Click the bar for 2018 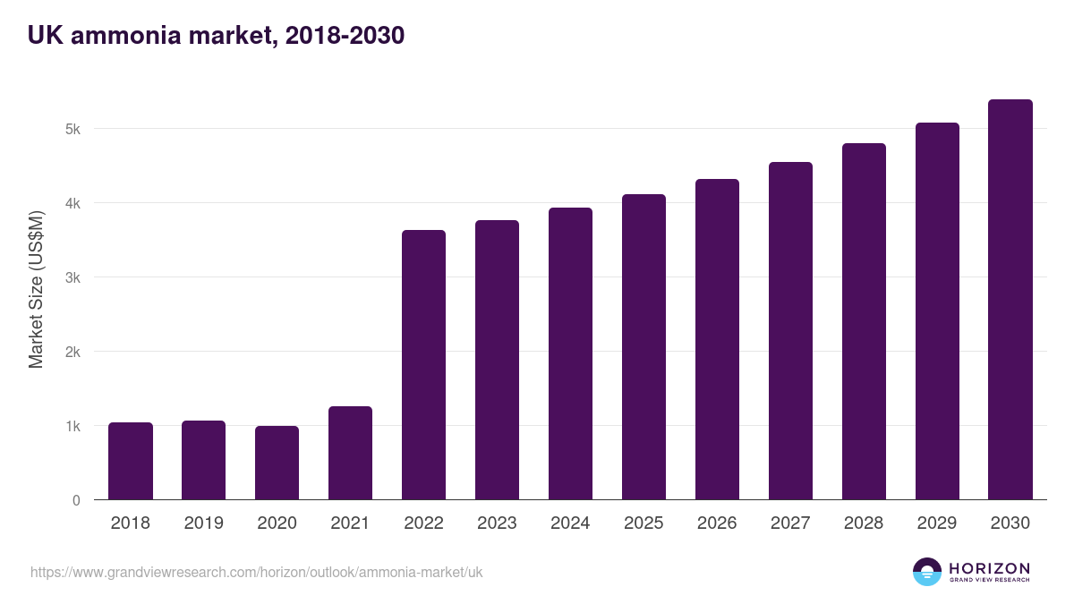pyautogui.click(x=131, y=461)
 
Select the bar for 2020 pyautogui.click(x=277, y=463)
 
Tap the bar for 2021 pyautogui.click(x=350, y=453)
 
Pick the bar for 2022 pyautogui.click(x=423, y=365)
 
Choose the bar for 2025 pyautogui.click(x=644, y=347)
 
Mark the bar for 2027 pyautogui.click(x=791, y=331)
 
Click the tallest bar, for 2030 pyautogui.click(x=1010, y=300)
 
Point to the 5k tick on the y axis pyautogui.click(x=72, y=129)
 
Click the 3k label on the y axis pyautogui.click(x=72, y=277)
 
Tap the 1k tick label pyautogui.click(x=72, y=426)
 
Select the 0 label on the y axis pyautogui.click(x=76, y=500)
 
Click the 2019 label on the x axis pyautogui.click(x=204, y=523)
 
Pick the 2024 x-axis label pyautogui.click(x=570, y=523)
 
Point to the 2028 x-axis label pyautogui.click(x=864, y=523)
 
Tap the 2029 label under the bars pyautogui.click(x=937, y=523)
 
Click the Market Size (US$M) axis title pyautogui.click(x=36, y=289)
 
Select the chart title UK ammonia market pyautogui.click(x=216, y=35)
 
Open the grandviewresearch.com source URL pyautogui.click(x=256, y=572)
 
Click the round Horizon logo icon pyautogui.click(x=927, y=572)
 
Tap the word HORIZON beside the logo pyautogui.click(x=989, y=568)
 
